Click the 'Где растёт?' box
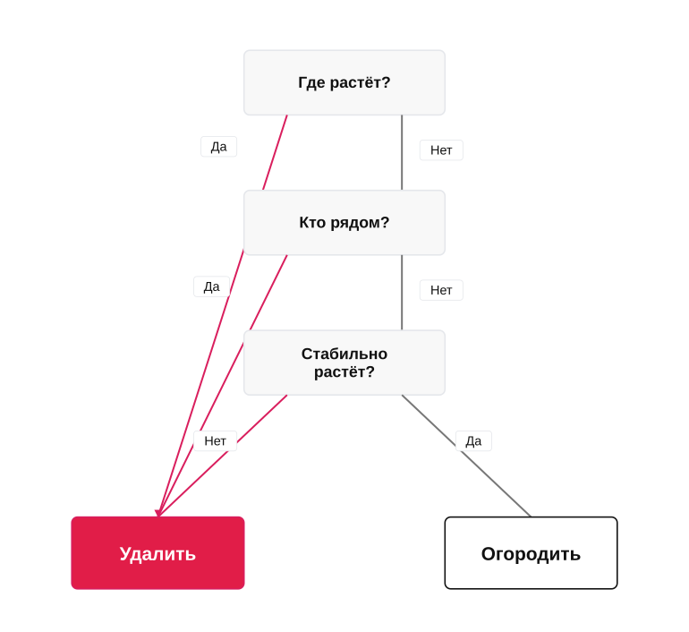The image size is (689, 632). (x=344, y=82)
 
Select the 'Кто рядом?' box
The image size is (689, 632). (x=344, y=222)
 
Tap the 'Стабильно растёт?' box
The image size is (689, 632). (x=344, y=363)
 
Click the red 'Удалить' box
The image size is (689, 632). (x=157, y=553)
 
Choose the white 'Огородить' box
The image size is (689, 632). (x=531, y=553)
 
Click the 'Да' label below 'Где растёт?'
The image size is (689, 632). (x=219, y=146)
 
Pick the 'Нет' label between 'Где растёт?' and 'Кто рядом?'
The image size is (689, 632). (x=441, y=150)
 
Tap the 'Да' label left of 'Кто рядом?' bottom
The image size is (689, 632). (x=211, y=286)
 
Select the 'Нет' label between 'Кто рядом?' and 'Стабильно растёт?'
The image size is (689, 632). (x=441, y=290)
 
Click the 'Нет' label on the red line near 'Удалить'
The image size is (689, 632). (x=216, y=440)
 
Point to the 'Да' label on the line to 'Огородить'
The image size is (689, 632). (x=473, y=440)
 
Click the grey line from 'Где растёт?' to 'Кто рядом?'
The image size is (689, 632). (x=402, y=152)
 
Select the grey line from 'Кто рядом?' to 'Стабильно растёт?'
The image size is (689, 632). (x=402, y=293)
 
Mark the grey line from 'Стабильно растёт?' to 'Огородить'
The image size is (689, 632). (x=466, y=456)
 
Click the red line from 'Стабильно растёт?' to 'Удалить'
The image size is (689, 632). (x=222, y=456)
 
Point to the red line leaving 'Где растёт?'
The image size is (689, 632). (x=222, y=316)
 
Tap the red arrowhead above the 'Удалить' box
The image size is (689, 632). (x=158, y=513)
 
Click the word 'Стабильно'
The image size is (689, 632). (x=344, y=354)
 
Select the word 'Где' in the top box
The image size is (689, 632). (x=311, y=82)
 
